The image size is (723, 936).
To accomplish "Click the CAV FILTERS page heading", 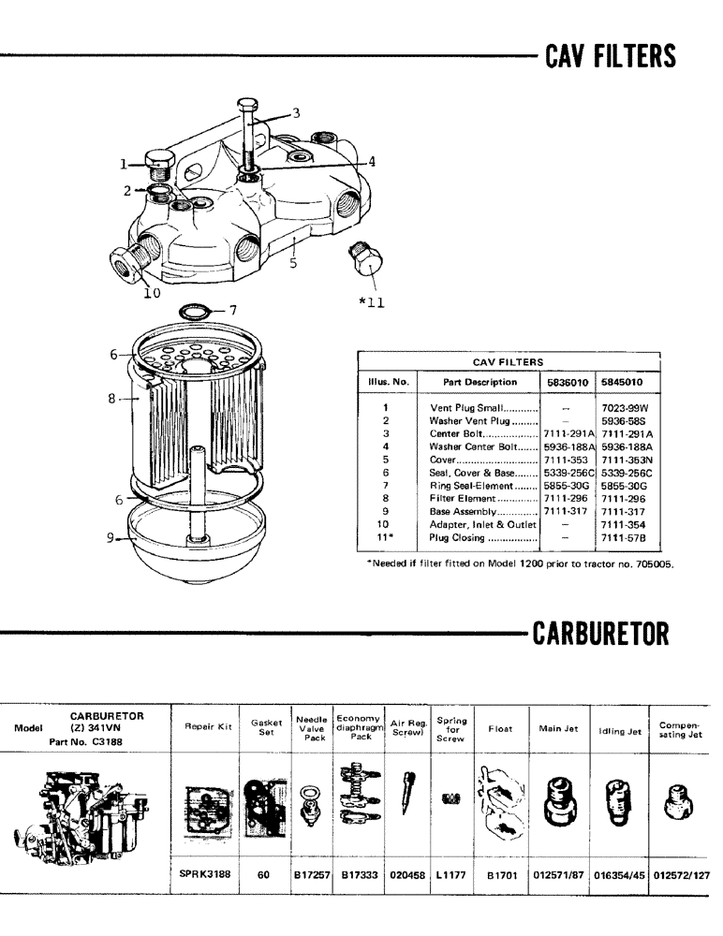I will point(610,56).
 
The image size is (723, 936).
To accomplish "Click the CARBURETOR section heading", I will point(600,634).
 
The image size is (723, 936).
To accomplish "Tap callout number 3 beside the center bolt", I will point(296,113).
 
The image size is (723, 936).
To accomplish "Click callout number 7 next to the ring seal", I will point(233,310).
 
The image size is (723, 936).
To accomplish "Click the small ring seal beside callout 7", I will point(192,311).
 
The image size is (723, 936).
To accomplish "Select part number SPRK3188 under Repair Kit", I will point(205,874).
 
